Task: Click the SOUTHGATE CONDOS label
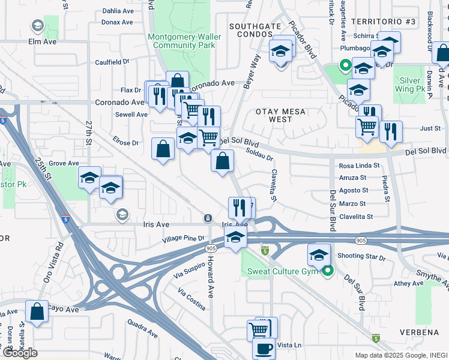[255, 30]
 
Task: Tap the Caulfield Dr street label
[112, 61]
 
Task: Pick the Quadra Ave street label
[142, 329]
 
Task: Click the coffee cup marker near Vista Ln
[264, 347]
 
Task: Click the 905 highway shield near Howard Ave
[210, 248]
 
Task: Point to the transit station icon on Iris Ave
[208, 218]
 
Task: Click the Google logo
[20, 353]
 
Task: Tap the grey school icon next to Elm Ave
[37, 26]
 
